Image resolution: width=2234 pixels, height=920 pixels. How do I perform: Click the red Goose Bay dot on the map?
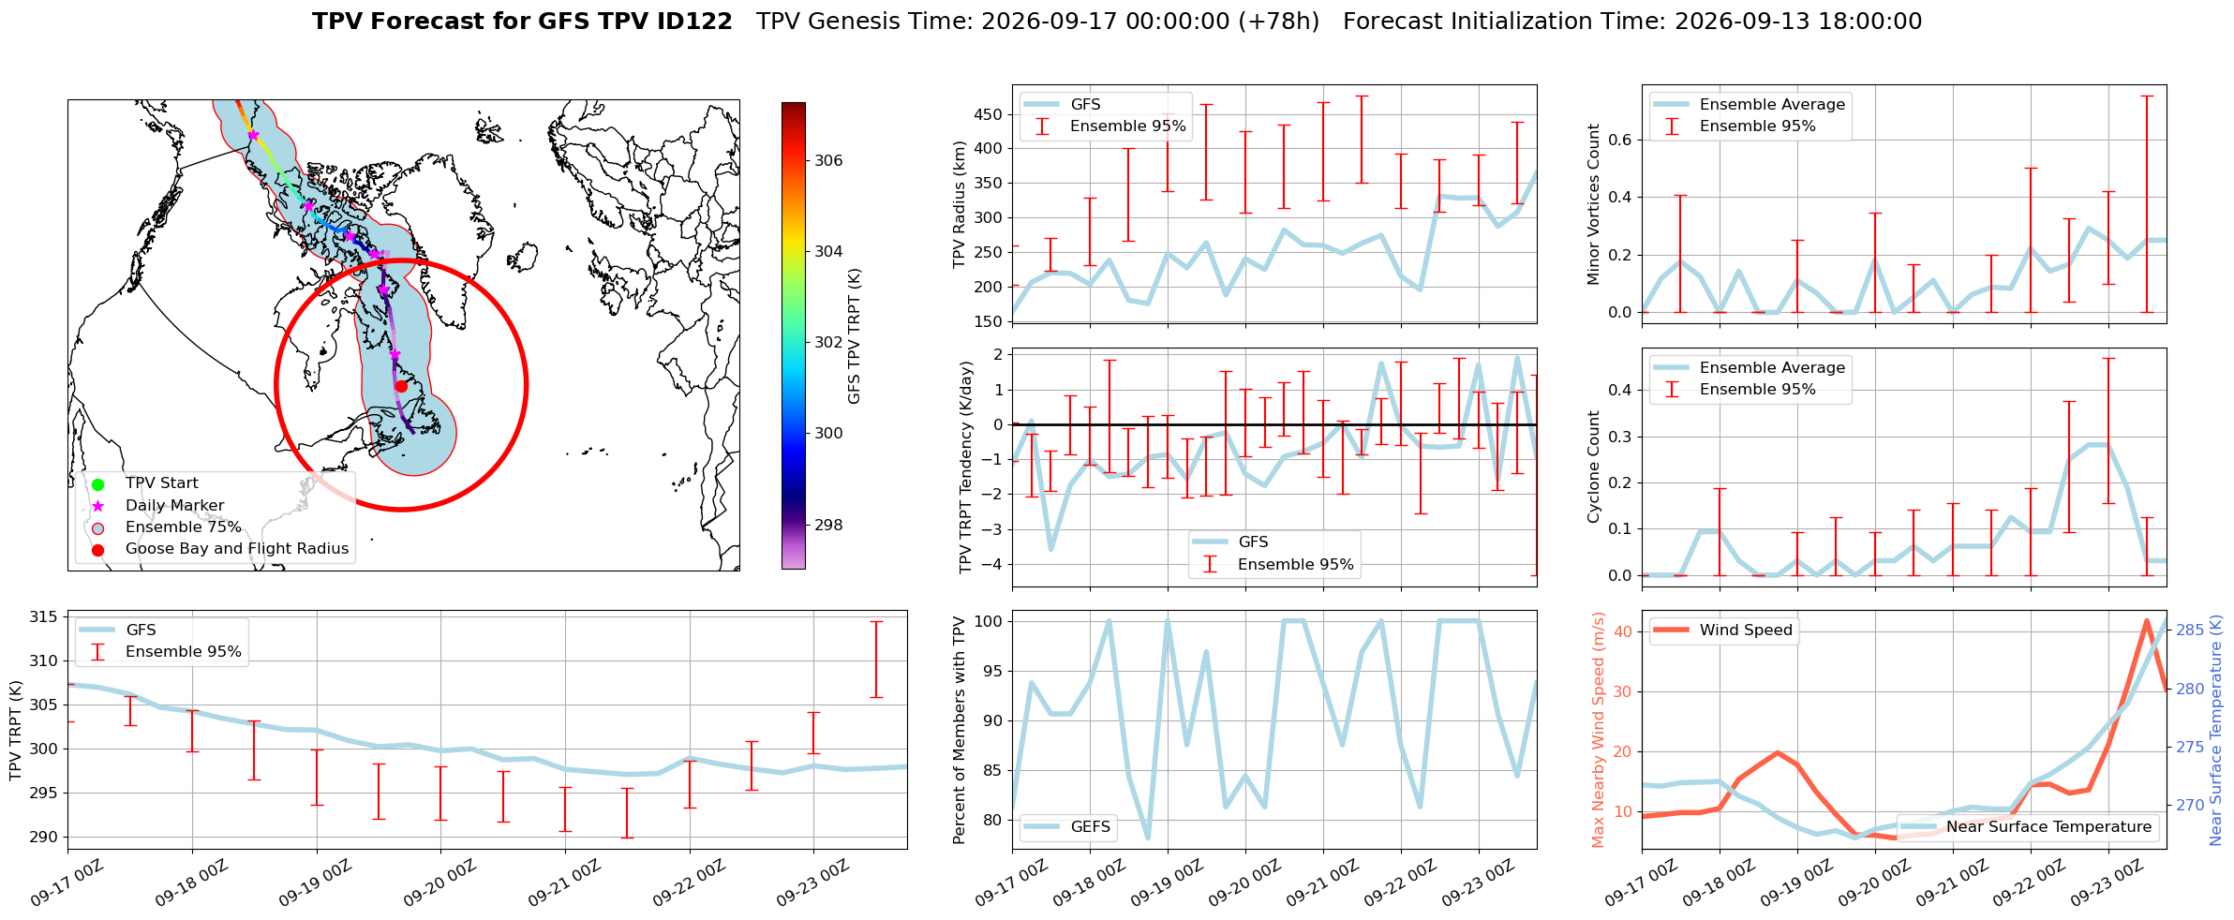(x=401, y=386)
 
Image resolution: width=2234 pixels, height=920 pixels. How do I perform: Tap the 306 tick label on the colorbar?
(x=828, y=160)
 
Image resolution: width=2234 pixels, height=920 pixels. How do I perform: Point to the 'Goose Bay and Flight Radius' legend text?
(x=237, y=549)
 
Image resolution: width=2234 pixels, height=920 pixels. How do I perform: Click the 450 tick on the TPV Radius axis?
(x=989, y=114)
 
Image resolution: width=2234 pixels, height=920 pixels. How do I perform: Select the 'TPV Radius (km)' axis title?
(x=959, y=204)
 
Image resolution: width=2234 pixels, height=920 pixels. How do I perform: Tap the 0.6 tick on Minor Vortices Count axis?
(x=1619, y=140)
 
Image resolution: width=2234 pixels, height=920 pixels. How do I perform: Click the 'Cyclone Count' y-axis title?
(x=1593, y=467)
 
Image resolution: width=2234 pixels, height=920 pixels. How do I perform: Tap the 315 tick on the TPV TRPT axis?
(x=43, y=616)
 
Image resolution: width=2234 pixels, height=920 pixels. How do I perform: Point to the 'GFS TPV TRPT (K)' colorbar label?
(x=854, y=335)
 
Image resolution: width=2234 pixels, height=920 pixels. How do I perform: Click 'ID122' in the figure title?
(x=696, y=22)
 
